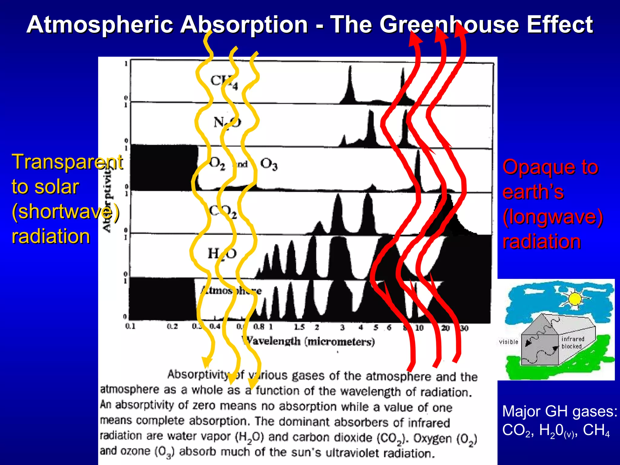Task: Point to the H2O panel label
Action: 222,254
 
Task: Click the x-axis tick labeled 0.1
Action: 130,326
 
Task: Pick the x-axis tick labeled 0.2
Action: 172,326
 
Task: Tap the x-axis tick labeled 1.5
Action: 299,327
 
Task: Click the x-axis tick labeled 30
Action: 464,328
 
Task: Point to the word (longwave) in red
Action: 552,217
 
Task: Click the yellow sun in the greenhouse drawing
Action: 575,299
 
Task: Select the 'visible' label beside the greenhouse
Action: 509,342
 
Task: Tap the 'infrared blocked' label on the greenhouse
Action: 572,343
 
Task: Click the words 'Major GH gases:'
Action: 559,411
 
